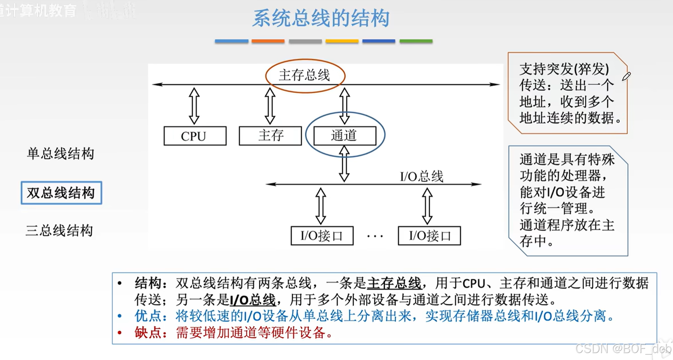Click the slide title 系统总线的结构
(x=321, y=18)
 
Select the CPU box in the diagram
(x=195, y=136)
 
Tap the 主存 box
(x=270, y=136)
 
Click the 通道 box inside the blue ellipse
(x=345, y=136)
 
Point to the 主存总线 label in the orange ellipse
(x=304, y=75)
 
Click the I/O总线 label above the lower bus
(x=421, y=176)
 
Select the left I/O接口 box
(x=322, y=236)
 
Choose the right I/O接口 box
(x=429, y=236)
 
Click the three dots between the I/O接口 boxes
(x=375, y=236)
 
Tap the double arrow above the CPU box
(x=194, y=106)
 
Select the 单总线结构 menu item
(x=60, y=154)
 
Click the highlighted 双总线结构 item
(x=61, y=193)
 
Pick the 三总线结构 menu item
(x=59, y=231)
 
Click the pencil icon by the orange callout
(x=626, y=76)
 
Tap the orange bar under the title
(x=268, y=41)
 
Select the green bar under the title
(x=416, y=41)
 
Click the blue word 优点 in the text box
(x=147, y=316)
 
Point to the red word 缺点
(x=147, y=333)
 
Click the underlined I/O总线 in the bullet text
(x=252, y=300)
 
